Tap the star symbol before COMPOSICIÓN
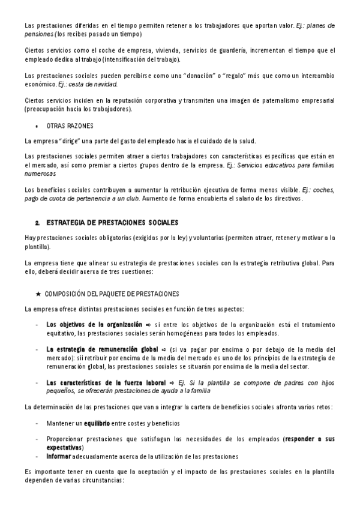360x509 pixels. click(x=38, y=294)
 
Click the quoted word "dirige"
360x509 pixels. click(x=65, y=141)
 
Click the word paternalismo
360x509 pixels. click(x=256, y=100)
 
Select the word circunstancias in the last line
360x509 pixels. click(x=103, y=480)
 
